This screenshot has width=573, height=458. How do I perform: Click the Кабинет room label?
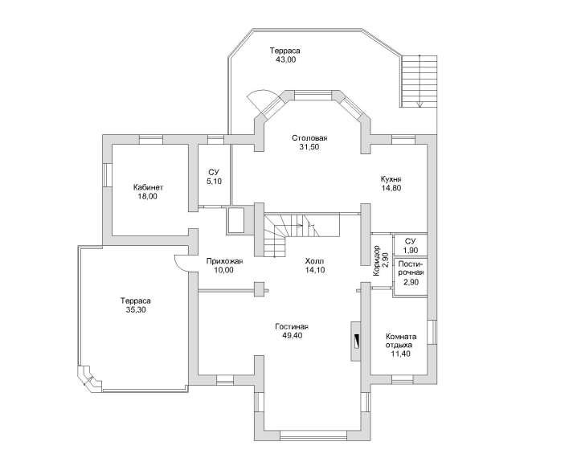pyautogui.click(x=148, y=188)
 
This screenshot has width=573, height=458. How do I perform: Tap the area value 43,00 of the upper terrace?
pyautogui.click(x=286, y=60)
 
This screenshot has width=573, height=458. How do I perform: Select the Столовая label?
pyautogui.click(x=309, y=138)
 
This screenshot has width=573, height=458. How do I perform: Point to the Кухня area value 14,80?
pyautogui.click(x=391, y=189)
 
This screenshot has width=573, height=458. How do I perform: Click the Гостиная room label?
pyautogui.click(x=292, y=327)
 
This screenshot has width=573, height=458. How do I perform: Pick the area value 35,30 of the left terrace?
pyautogui.click(x=136, y=310)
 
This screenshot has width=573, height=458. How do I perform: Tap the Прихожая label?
pyautogui.click(x=224, y=261)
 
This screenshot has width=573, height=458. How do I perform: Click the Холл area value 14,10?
pyautogui.click(x=315, y=270)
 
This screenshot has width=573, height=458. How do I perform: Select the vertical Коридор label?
pyautogui.click(x=377, y=260)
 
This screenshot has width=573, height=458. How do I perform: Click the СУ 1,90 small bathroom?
pyautogui.click(x=410, y=245)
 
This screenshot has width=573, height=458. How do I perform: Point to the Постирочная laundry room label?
pyautogui.click(x=411, y=268)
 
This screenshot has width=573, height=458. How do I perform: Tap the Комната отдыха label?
pyautogui.click(x=401, y=341)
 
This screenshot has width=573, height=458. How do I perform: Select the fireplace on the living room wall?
pyautogui.click(x=356, y=341)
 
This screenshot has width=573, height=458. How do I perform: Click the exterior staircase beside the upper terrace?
pyautogui.click(x=420, y=81)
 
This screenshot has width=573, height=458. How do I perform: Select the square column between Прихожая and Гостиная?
pyautogui.click(x=259, y=289)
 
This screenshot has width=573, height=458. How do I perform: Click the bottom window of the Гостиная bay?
pyautogui.click(x=313, y=436)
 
